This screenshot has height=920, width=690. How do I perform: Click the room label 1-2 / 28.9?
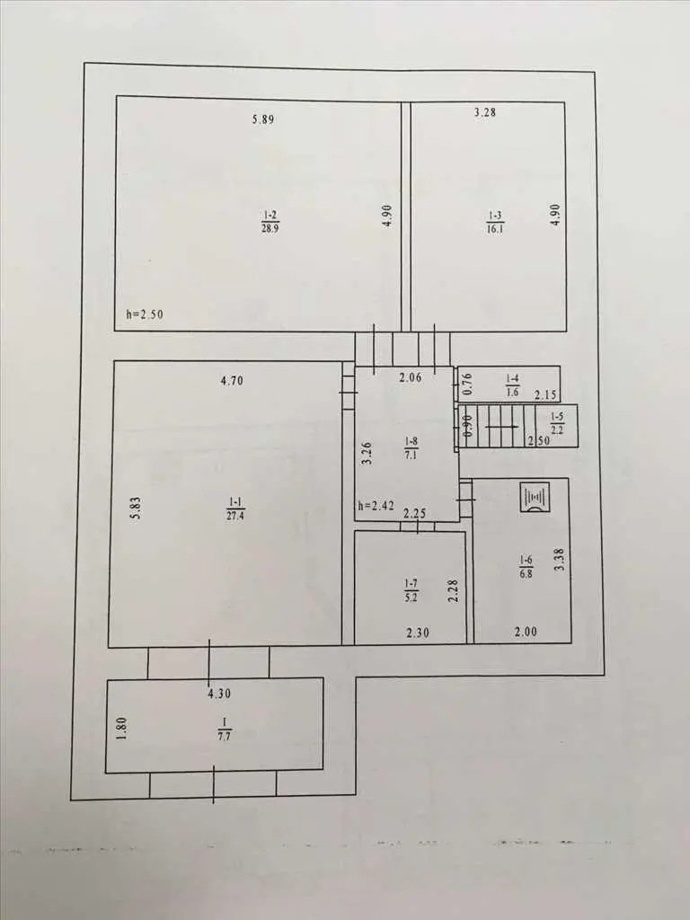coord(270,222)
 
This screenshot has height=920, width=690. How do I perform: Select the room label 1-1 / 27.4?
coord(235,509)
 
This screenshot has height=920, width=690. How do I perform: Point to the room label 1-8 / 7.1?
coord(411,447)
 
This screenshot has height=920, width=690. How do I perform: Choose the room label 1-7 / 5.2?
coord(411,591)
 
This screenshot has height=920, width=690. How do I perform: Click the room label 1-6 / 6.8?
coord(526,568)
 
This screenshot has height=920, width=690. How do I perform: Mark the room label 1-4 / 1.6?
coord(512,386)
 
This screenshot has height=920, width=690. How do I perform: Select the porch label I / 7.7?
coord(224,729)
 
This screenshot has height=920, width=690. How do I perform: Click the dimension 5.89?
coord(263,119)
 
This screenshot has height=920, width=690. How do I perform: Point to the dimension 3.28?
coord(484,112)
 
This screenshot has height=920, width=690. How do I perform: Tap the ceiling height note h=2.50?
coord(145,314)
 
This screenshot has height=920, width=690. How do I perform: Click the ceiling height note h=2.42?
coord(376,505)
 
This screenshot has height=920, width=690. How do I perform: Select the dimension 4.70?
coord(232,381)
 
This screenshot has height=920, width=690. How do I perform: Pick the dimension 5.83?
coord(137,509)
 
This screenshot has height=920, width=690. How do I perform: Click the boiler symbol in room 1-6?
coord(535,498)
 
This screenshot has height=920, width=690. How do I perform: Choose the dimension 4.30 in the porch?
coord(219,694)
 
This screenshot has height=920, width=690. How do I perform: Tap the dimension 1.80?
coord(121,729)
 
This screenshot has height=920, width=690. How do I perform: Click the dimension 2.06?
coord(411,378)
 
